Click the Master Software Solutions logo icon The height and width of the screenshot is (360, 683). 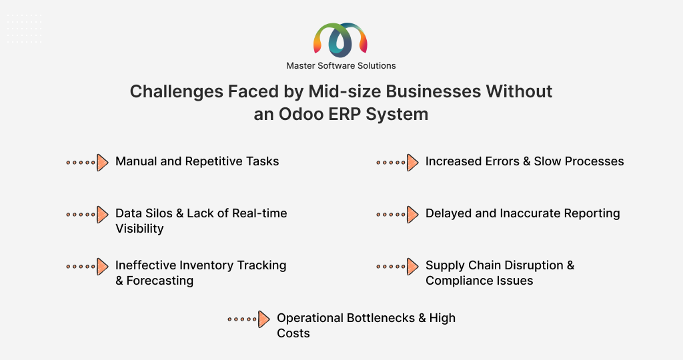(x=341, y=40)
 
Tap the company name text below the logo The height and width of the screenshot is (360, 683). (x=341, y=66)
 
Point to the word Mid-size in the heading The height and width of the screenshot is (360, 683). (x=345, y=91)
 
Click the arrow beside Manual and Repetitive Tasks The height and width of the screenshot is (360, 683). (x=87, y=163)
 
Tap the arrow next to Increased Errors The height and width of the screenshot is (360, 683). (x=398, y=163)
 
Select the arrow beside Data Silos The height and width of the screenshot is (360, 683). (x=87, y=215)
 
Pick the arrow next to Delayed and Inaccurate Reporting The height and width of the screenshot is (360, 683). (x=398, y=215)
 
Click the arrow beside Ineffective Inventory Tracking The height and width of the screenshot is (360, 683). (x=87, y=267)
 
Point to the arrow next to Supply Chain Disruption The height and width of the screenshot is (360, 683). (x=398, y=267)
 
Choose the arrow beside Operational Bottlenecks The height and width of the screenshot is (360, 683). (x=249, y=319)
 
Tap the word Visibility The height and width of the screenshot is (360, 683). (x=139, y=229)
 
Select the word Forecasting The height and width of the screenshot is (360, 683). (x=160, y=281)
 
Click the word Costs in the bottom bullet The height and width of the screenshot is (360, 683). (x=293, y=333)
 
